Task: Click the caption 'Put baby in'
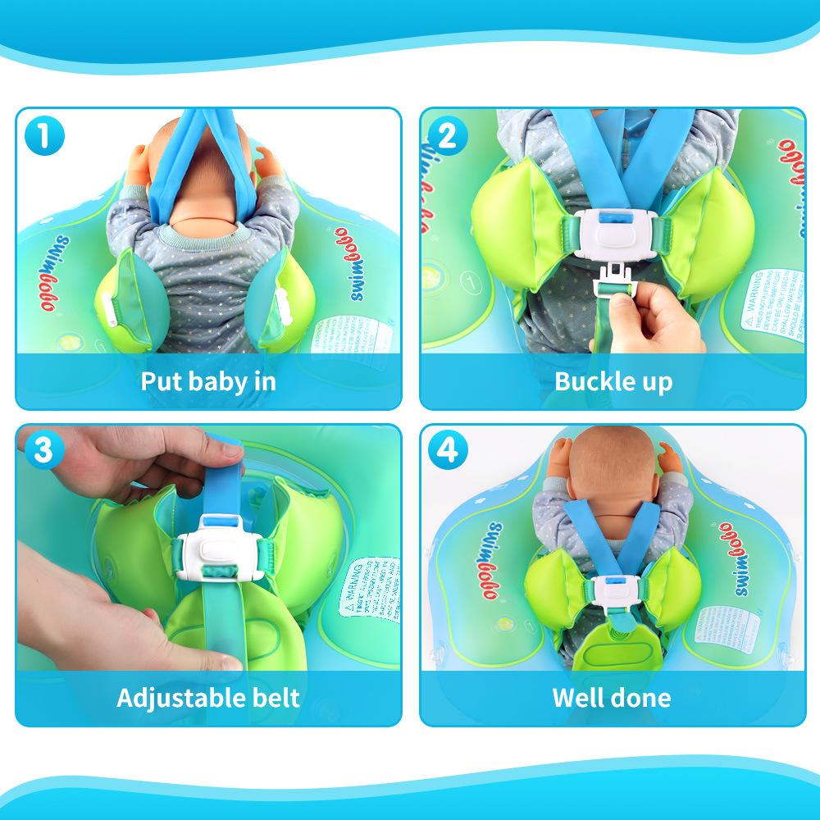coord(208,381)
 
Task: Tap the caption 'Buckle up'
coord(613,381)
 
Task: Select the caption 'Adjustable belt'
coord(208,698)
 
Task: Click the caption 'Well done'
coord(612,698)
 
